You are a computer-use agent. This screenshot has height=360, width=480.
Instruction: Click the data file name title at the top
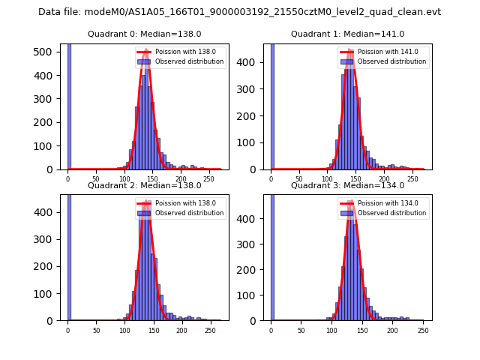point(239,12)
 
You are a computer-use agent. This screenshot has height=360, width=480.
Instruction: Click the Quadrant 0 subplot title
point(144,34)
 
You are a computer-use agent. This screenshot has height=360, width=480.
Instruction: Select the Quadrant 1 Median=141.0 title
point(347,34)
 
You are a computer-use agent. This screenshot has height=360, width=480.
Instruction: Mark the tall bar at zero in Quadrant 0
point(69,105)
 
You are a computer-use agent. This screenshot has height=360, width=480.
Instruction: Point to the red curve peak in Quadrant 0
point(145,62)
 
